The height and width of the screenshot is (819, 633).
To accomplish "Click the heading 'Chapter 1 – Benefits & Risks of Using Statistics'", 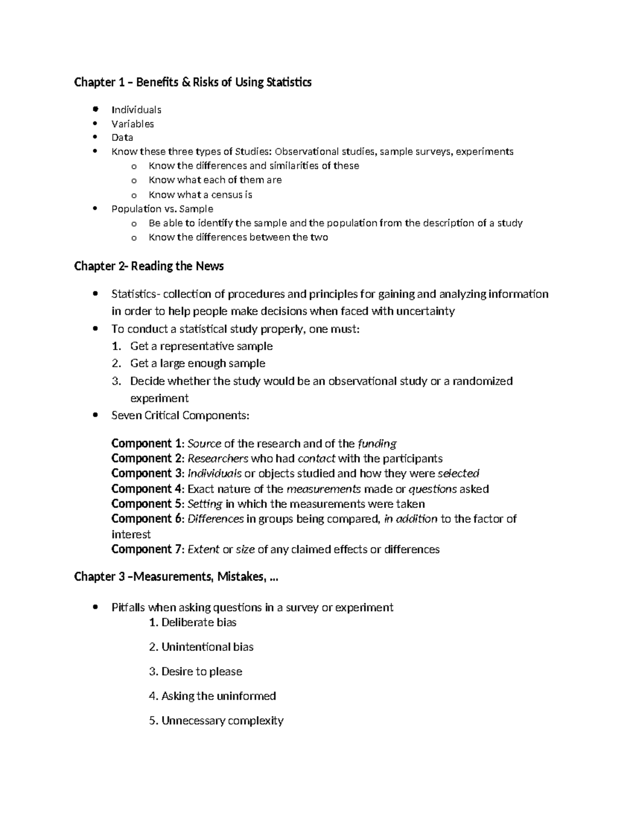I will [193, 82].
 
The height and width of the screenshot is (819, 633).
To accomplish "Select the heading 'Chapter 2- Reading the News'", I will [149, 266].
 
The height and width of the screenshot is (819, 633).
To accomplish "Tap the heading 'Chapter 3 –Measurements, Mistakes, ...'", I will [176, 577].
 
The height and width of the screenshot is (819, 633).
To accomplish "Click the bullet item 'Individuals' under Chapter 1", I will [136, 110].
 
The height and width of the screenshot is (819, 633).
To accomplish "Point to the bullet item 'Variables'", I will [132, 124].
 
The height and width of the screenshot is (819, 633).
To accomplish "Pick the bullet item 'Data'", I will [122, 138].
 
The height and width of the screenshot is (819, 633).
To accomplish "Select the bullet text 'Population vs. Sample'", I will [162, 209].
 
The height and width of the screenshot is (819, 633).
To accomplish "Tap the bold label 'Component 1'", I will [142, 444].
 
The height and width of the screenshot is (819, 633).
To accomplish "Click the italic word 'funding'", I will [377, 444].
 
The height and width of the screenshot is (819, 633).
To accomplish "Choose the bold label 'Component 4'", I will [142, 489].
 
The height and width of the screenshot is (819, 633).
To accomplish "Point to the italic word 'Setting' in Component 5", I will [205, 504].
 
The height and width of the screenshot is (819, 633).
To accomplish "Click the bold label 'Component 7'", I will [142, 550].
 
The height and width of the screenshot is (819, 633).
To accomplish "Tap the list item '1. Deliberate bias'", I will [193, 623].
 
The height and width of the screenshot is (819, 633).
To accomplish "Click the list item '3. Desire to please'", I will [195, 672].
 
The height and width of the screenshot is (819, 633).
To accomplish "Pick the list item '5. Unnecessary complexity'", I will [216, 721].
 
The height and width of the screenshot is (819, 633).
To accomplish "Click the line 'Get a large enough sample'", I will [197, 363].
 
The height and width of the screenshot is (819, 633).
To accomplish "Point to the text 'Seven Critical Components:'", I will [180, 416].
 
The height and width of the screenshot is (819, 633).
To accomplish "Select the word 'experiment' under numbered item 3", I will [159, 398].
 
